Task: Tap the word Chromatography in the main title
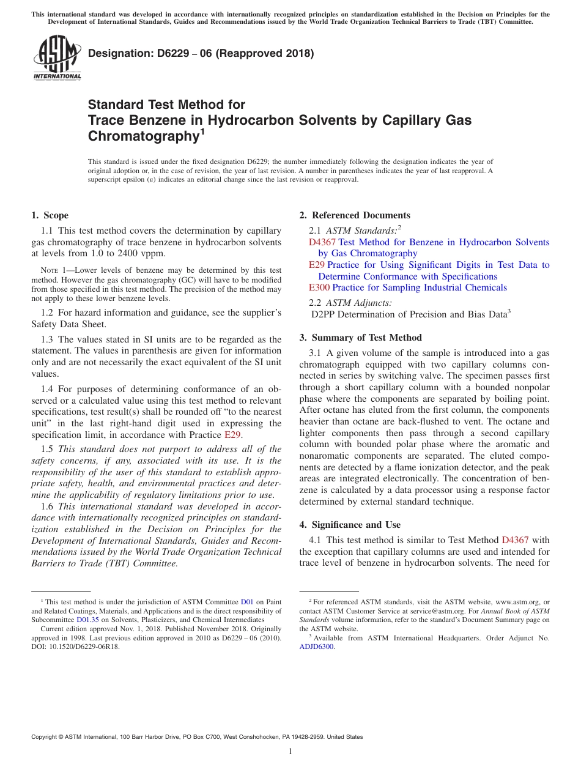point(141,136)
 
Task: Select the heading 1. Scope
point(50,215)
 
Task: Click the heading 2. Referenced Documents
point(355,215)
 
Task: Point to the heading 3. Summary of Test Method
point(360,338)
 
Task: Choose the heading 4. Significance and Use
point(350,525)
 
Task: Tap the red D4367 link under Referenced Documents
point(322,242)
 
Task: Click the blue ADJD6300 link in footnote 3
point(316,647)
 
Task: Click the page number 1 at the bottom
point(290,752)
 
